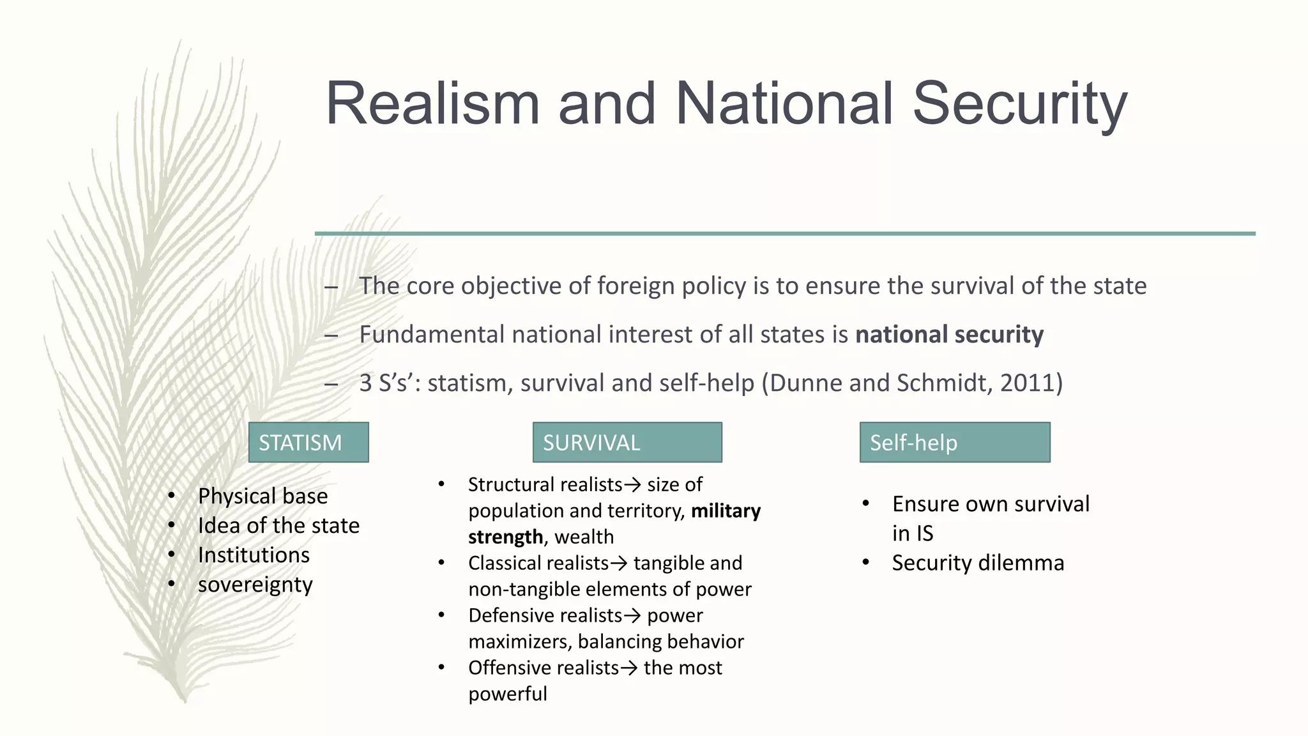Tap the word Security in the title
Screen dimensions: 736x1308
(x=1020, y=103)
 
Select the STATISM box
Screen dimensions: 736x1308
(x=308, y=442)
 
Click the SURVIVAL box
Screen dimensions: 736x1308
(x=627, y=442)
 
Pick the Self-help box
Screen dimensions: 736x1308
(x=955, y=442)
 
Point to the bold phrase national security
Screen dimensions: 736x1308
(x=949, y=334)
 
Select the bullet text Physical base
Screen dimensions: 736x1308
(x=262, y=496)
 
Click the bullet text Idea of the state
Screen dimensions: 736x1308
(x=278, y=525)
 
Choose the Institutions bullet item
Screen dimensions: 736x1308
(x=254, y=555)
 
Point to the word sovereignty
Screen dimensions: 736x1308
(x=255, y=585)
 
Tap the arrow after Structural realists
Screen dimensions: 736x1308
(x=632, y=485)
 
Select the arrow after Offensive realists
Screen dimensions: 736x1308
(x=629, y=668)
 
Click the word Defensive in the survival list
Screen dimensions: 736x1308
(x=504, y=615)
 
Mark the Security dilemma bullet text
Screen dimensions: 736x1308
(x=978, y=563)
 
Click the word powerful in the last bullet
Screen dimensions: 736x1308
(x=508, y=694)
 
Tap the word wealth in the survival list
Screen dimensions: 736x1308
(x=584, y=537)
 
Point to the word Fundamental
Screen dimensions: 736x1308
(x=431, y=334)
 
